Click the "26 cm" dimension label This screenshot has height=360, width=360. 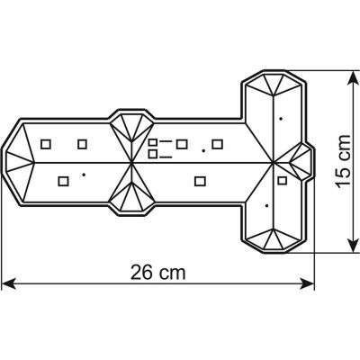tap(158, 273)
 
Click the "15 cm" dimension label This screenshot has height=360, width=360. tap(343, 161)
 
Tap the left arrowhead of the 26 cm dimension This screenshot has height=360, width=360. tap(8, 283)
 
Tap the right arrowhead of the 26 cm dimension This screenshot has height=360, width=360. tap(307, 283)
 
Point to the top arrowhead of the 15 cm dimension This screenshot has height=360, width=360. tap(353, 78)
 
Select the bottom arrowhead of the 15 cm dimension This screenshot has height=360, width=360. tap(353, 245)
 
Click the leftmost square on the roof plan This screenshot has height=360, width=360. tap(46, 144)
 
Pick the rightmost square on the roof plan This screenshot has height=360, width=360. tap(282, 180)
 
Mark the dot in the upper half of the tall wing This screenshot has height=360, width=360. tap(281, 119)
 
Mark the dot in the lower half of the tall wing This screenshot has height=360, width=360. tap(266, 206)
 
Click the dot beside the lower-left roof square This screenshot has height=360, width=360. tap(84, 175)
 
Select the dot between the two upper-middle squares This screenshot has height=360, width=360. tap(203, 150)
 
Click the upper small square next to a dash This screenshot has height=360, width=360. tap(153, 142)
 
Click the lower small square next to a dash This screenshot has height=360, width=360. tap(153, 154)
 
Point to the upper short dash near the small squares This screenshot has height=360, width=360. tap(166, 141)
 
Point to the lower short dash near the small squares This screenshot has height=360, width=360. tap(166, 157)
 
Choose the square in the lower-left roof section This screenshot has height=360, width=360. tap(63, 181)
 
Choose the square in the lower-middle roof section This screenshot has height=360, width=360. tap(200, 181)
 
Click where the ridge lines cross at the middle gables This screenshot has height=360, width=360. tap(132, 163)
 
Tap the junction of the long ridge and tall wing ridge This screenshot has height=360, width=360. tap(273, 163)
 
